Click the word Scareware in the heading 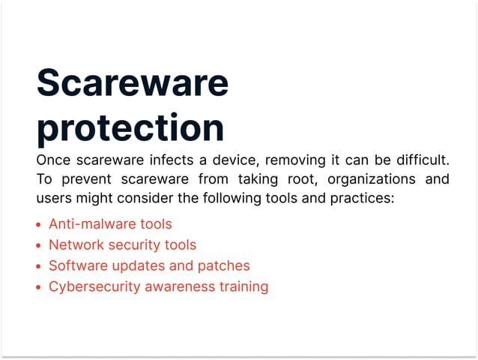click(132, 82)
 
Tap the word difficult click(421, 160)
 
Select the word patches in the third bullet click(224, 266)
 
